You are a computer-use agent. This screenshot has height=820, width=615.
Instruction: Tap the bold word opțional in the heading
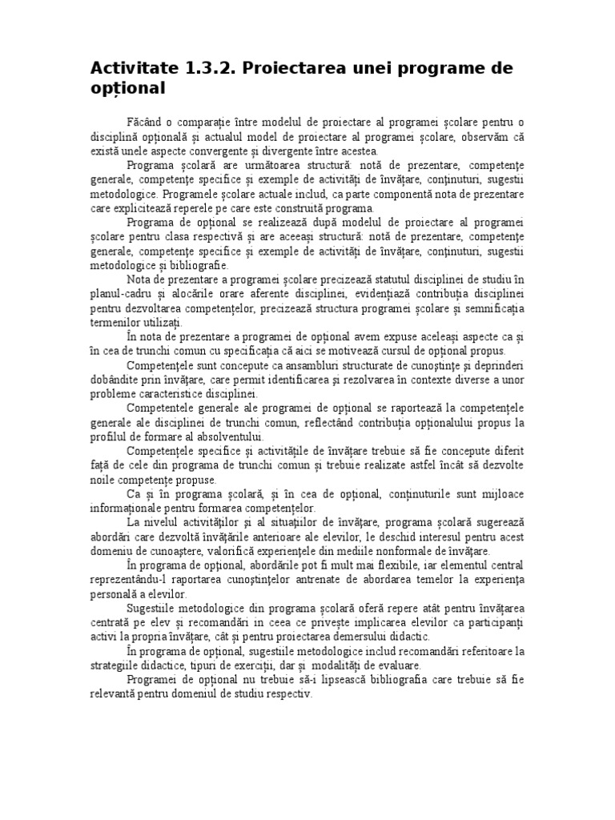(128, 89)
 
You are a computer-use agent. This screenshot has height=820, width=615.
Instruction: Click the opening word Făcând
(144, 120)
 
